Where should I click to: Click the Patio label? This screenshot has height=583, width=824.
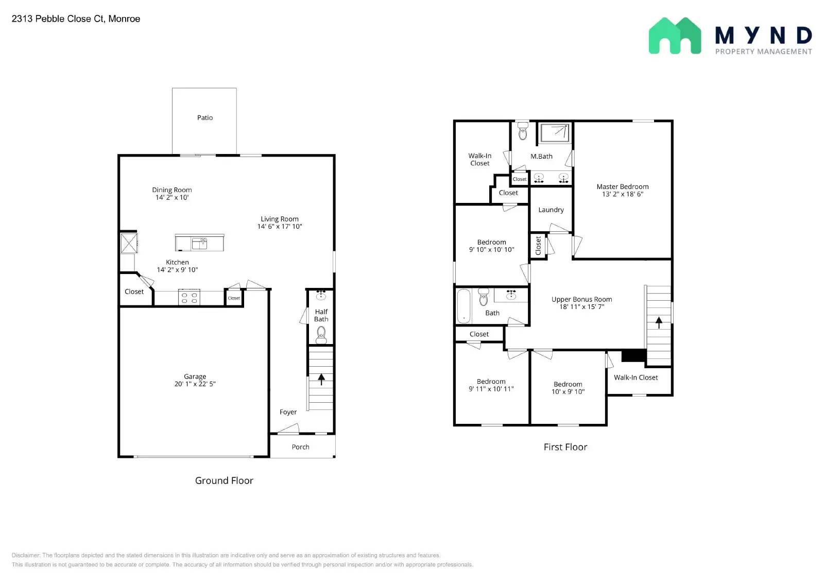click(x=204, y=118)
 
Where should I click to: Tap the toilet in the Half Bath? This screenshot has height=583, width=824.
click(x=321, y=335)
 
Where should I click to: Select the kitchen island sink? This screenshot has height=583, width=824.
click(x=199, y=243)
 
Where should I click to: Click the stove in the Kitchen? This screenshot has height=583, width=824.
click(x=189, y=298)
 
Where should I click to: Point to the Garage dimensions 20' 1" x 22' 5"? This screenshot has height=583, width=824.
click(x=195, y=384)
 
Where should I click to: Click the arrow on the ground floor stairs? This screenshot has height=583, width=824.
click(x=321, y=380)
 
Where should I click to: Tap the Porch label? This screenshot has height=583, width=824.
click(x=300, y=447)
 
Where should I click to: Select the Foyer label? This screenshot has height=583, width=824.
click(x=288, y=412)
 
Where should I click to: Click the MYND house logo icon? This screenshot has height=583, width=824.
click(x=674, y=36)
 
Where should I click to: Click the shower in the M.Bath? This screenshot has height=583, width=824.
click(x=554, y=133)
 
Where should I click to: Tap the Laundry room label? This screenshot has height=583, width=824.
click(x=551, y=210)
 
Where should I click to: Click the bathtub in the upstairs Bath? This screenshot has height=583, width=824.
click(x=464, y=305)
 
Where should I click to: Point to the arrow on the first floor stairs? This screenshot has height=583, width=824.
click(x=659, y=322)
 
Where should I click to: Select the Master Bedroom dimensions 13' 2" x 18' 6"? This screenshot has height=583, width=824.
click(x=622, y=194)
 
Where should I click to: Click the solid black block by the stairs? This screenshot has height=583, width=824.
click(x=633, y=355)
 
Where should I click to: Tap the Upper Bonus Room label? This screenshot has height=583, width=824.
click(x=581, y=299)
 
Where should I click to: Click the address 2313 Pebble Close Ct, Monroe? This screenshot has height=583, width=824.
click(x=76, y=19)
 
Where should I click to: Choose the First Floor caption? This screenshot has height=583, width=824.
click(x=565, y=447)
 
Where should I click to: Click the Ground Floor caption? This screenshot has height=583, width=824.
click(x=224, y=481)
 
